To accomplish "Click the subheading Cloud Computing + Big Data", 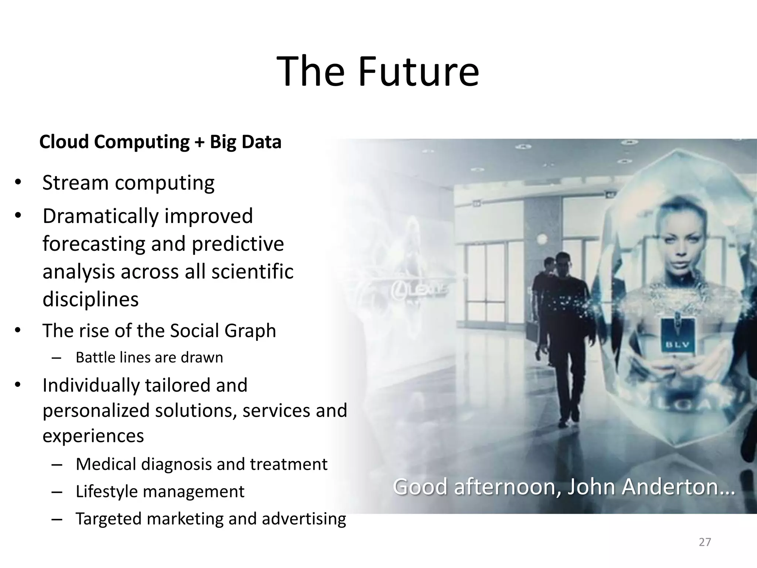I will [160, 142].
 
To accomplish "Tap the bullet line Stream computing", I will [128, 183].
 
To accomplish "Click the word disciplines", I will [91, 299].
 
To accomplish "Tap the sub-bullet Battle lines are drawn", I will [149, 358].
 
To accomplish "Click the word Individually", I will [91, 385].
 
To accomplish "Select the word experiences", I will [93, 436].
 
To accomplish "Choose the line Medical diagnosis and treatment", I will [201, 464].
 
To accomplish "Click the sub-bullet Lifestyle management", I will [160, 491].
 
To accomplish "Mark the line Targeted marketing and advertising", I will [211, 518].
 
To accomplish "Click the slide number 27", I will [705, 542].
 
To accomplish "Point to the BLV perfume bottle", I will [677, 337].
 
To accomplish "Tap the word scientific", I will [252, 272].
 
